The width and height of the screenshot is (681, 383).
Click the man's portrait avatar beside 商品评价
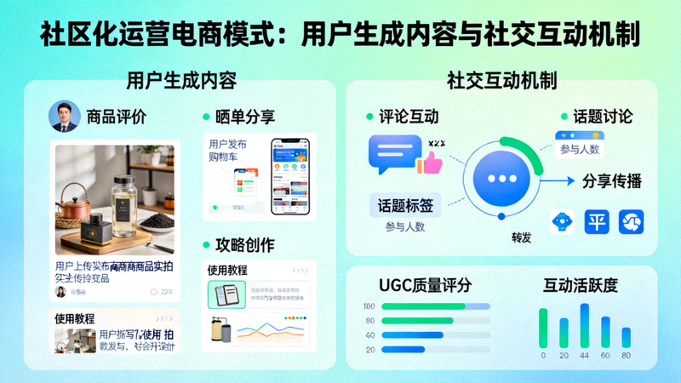pos(64,116)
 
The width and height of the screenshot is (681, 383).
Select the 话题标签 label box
pos(404,205)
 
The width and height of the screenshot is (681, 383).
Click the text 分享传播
pos(611,180)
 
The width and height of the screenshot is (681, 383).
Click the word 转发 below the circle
pos(521,238)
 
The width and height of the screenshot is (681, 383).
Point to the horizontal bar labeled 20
pos(403,349)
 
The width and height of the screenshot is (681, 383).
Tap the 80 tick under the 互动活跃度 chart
pos(627,355)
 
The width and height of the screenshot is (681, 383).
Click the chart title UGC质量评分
pos(424,284)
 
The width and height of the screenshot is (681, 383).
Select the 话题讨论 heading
pos(602,117)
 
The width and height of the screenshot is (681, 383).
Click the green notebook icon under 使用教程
pos(226,294)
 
